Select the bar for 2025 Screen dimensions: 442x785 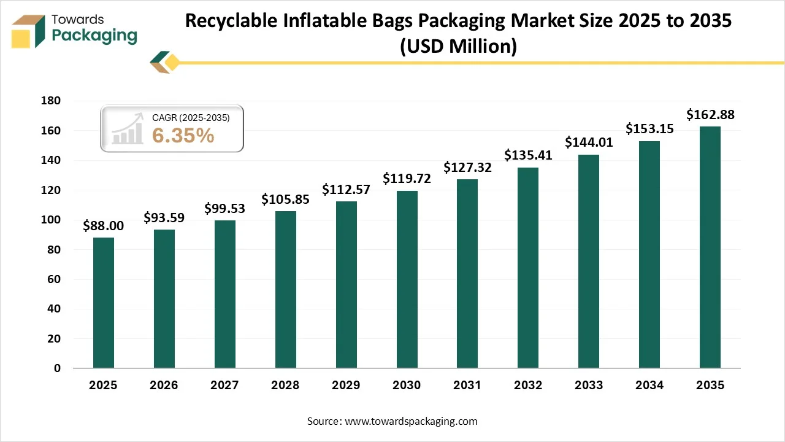tap(103, 303)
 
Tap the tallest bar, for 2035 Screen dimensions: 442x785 tap(710, 247)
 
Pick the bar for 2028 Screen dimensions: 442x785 tap(285, 290)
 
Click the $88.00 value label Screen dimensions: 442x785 tap(103, 226)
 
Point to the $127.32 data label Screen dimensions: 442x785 tap(467, 168)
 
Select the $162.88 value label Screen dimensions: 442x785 tap(710, 114)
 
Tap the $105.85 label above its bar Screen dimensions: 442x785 tap(285, 199)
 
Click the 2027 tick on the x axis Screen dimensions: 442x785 tap(224, 386)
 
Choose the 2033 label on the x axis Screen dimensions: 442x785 tap(589, 386)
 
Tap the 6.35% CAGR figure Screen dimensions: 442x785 tap(183, 136)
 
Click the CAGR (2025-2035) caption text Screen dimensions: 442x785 tap(191, 118)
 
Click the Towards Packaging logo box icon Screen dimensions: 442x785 tap(28, 31)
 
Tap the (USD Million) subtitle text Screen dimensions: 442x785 tap(458, 46)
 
